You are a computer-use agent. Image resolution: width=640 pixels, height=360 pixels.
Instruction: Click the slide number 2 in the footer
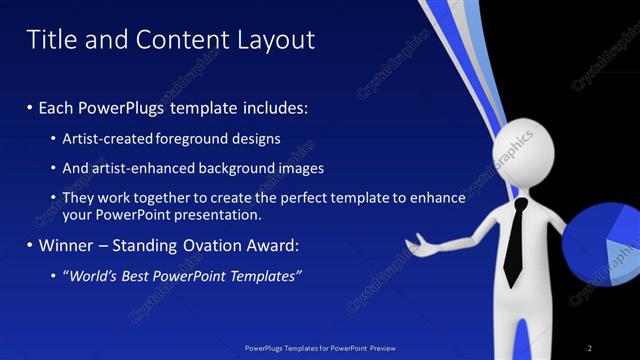590,348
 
